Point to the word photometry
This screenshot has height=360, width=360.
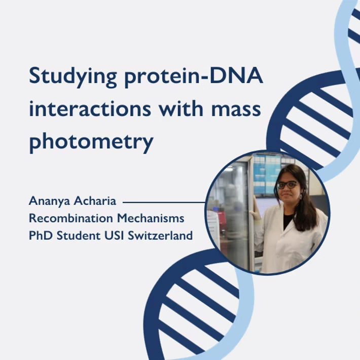91,142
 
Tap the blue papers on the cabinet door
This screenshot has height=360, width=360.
266,175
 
